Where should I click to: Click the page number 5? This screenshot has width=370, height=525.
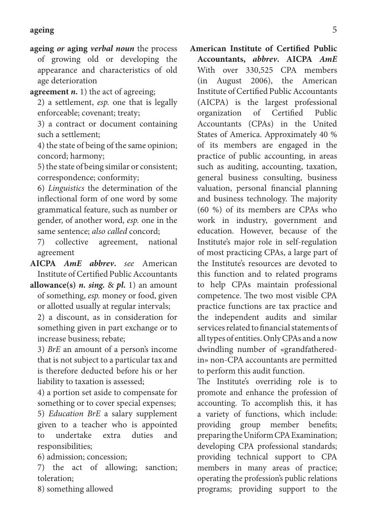334,30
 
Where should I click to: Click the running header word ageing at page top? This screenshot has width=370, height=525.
42,30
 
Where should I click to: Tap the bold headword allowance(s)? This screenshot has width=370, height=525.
53,285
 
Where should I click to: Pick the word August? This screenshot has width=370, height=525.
231,81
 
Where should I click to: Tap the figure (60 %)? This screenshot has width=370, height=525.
207,210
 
